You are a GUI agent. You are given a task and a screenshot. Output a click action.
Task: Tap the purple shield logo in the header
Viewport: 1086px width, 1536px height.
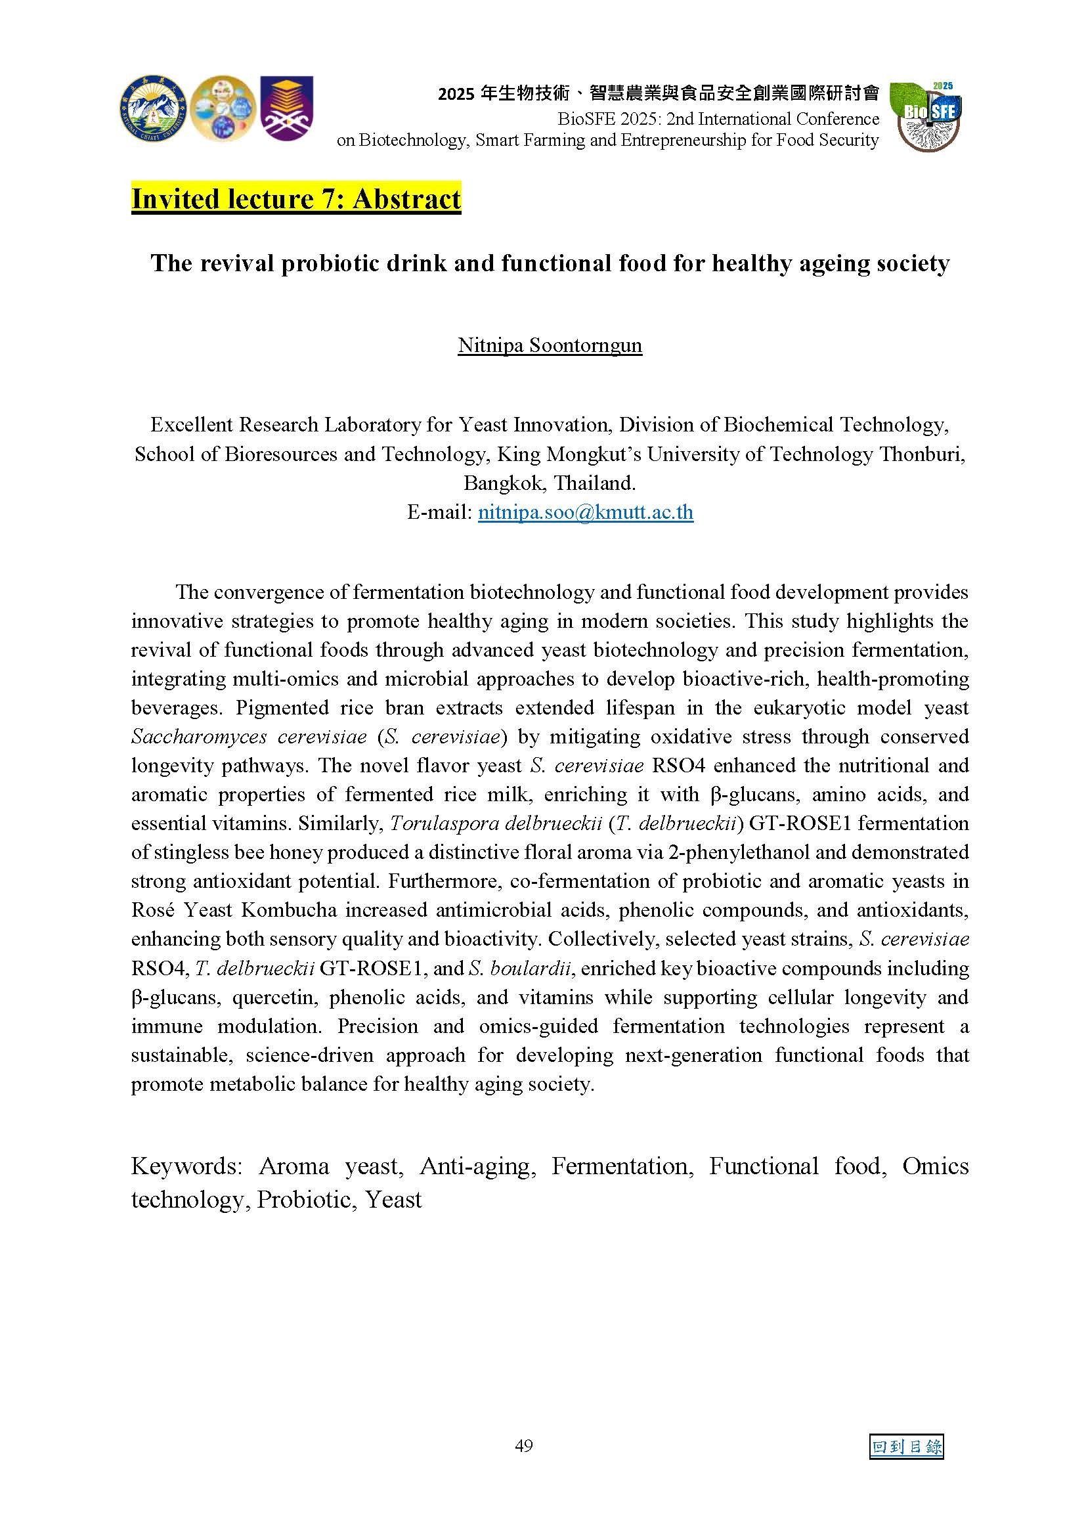pyautogui.click(x=286, y=108)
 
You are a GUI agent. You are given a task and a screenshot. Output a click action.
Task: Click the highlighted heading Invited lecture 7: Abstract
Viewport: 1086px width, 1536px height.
pyautogui.click(x=295, y=200)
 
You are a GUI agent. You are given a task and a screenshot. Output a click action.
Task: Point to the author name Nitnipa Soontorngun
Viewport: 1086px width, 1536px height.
pyautogui.click(x=550, y=345)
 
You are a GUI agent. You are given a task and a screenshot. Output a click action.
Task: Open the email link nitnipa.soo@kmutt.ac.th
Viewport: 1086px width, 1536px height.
pyautogui.click(x=585, y=512)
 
